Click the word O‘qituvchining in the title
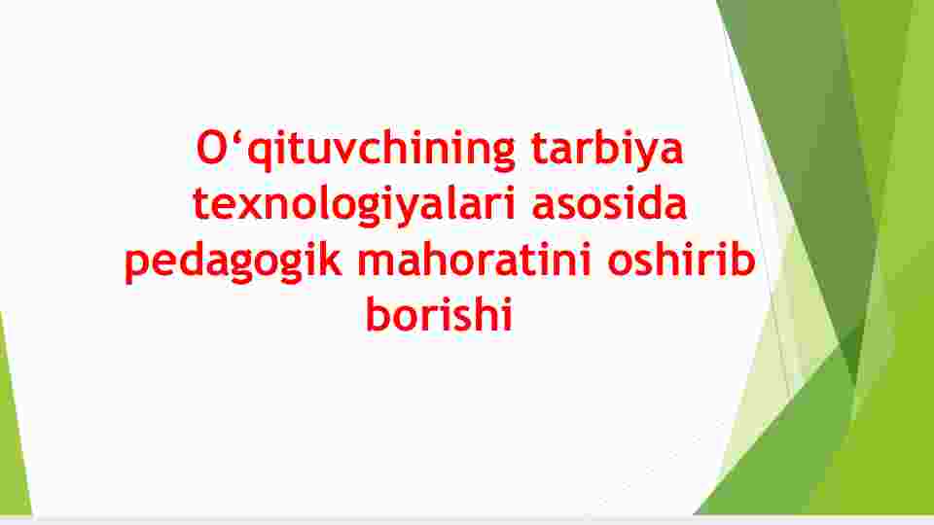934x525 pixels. click(x=356, y=151)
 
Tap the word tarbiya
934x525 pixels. click(x=607, y=151)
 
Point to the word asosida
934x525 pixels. click(x=609, y=202)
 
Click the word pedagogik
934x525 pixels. click(x=233, y=261)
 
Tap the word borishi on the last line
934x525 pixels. click(x=439, y=313)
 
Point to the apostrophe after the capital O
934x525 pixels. click(x=237, y=137)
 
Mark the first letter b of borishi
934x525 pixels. click(x=378, y=313)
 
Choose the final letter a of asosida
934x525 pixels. click(x=674, y=208)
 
